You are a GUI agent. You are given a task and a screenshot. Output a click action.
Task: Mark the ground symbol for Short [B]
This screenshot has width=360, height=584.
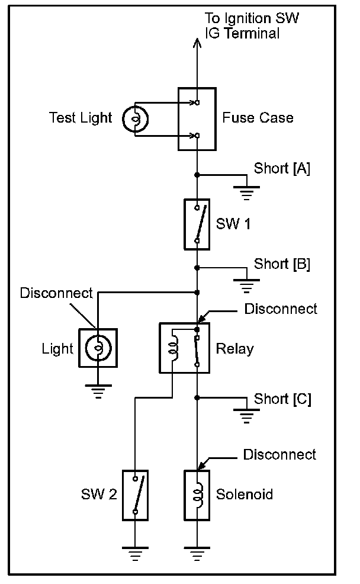(246, 286)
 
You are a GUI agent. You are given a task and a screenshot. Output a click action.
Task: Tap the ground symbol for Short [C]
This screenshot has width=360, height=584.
(246, 416)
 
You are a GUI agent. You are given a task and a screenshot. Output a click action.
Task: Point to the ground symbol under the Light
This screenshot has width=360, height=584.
(98, 392)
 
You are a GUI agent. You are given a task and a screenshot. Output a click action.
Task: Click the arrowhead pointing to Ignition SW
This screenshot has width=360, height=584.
(197, 43)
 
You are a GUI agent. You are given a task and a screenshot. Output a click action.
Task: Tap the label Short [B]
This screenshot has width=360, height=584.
(282, 264)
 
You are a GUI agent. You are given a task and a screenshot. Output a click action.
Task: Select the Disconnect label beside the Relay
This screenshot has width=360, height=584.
(281, 309)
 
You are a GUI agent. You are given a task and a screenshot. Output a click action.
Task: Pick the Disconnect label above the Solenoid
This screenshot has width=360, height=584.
(279, 454)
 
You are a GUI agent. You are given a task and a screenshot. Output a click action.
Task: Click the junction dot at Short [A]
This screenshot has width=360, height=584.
(197, 175)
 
